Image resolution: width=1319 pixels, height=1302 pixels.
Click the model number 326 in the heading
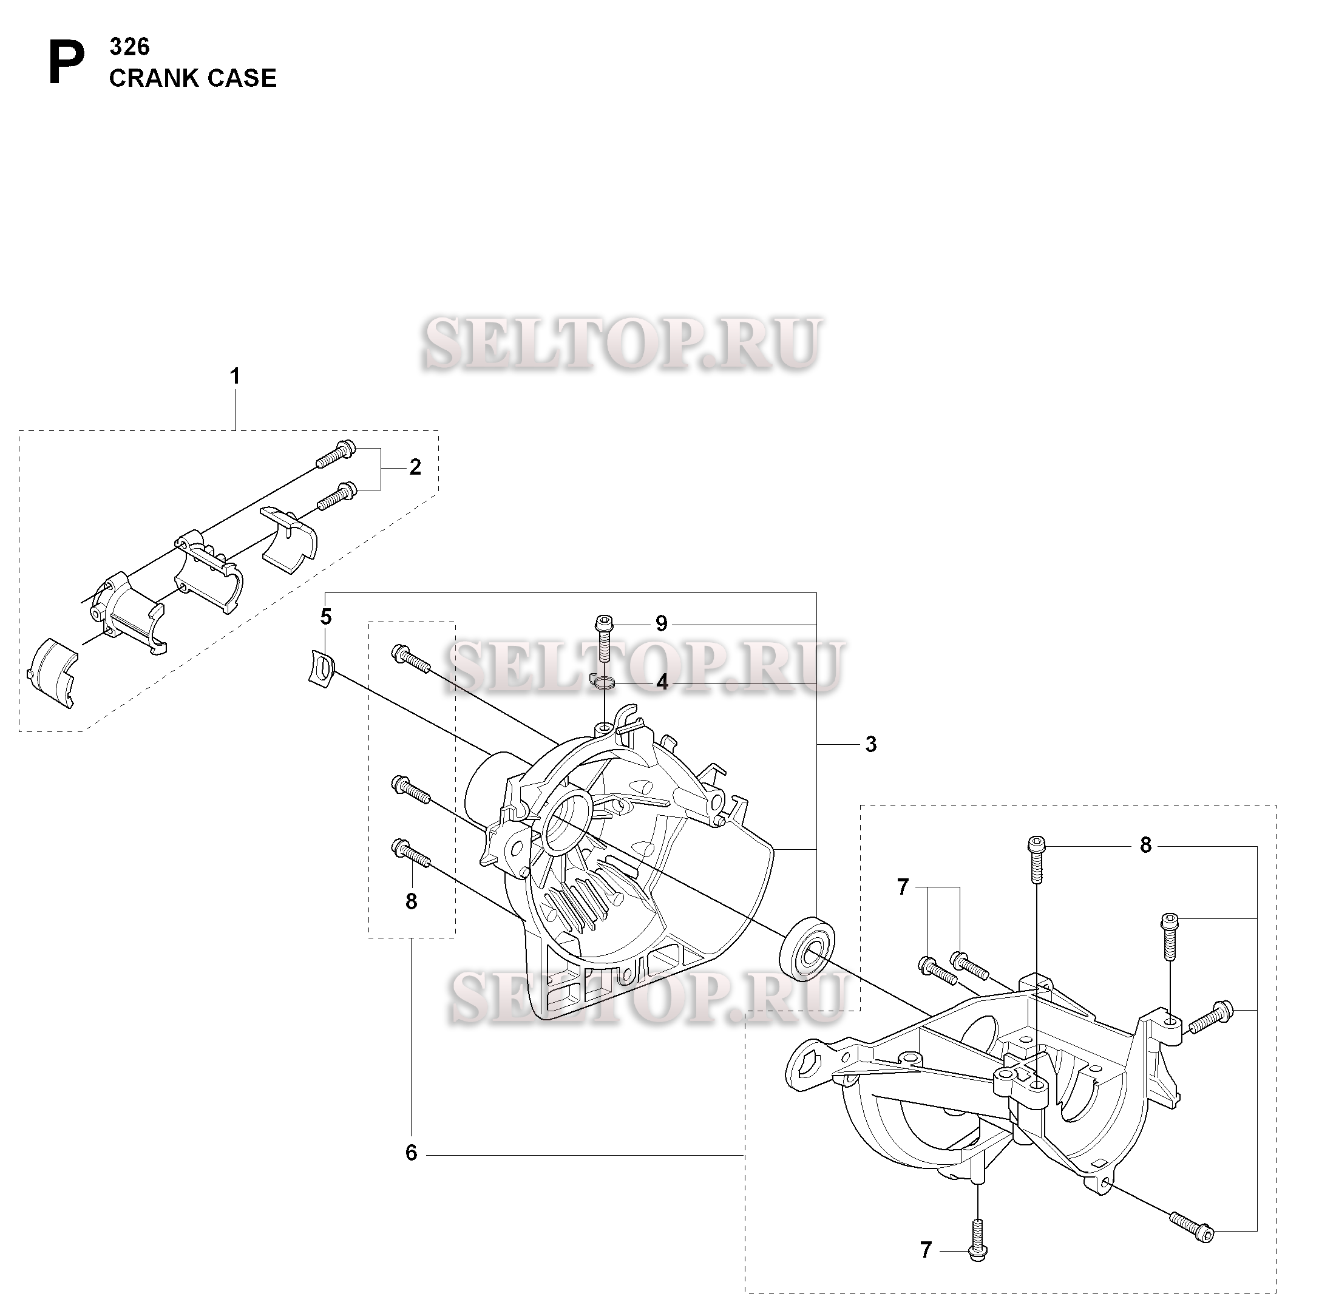click(129, 47)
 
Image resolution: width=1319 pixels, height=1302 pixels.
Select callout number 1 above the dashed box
click(235, 376)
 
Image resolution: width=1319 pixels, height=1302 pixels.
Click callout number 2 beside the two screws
click(415, 467)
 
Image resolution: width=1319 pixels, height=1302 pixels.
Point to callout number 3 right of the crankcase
click(870, 744)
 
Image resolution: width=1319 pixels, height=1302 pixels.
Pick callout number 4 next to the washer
click(662, 682)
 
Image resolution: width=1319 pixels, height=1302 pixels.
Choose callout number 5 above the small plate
click(326, 617)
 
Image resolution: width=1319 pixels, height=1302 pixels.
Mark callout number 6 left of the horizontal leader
click(411, 1153)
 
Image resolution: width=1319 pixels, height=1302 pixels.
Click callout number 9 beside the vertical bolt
click(661, 623)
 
